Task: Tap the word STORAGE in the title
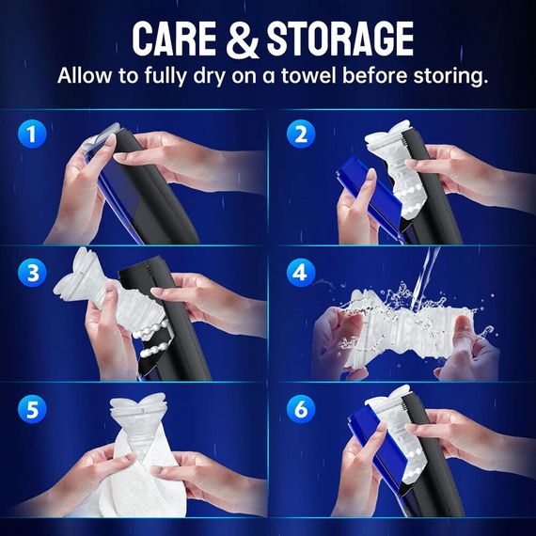[338, 39]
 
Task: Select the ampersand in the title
[242, 39]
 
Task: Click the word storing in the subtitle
[448, 76]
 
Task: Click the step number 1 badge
[34, 134]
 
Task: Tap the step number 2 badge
[301, 134]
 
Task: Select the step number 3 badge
[34, 273]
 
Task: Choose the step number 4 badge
[301, 273]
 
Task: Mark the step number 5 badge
[34, 410]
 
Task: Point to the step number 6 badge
[301, 410]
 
